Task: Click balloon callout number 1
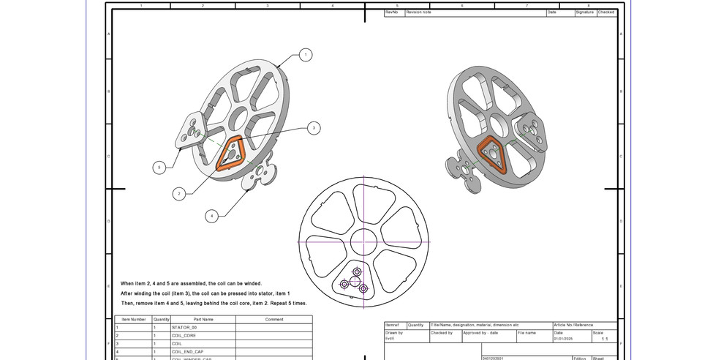[x=305, y=55]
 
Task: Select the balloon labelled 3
[x=313, y=128]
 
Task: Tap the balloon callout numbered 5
[x=159, y=168]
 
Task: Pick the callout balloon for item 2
[x=179, y=194]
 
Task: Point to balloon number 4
[x=212, y=216]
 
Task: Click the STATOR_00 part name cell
[x=184, y=327]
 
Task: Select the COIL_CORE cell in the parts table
[x=184, y=335]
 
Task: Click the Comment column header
[x=274, y=319]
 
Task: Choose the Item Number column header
[x=133, y=319]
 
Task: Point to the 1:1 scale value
[x=604, y=340]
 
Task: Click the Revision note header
[x=420, y=12]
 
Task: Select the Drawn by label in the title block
[x=394, y=332]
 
